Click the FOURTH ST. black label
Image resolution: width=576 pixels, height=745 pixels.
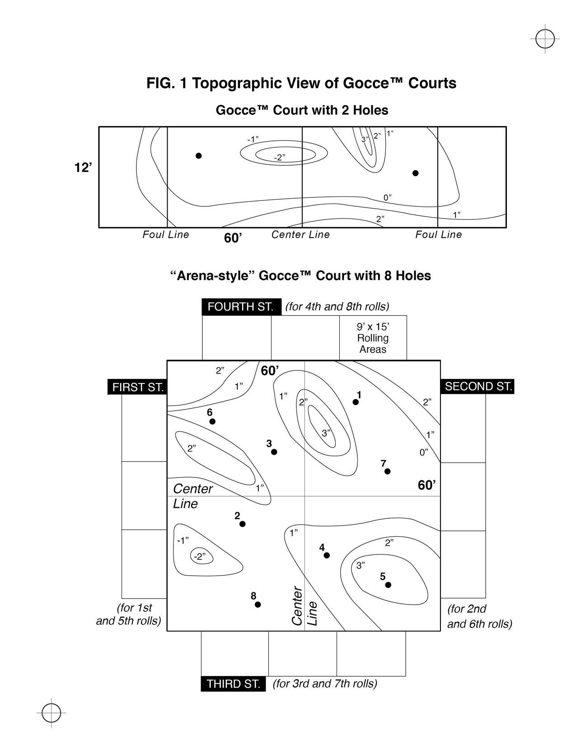(x=241, y=307)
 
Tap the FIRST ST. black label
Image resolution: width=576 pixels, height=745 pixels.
(x=138, y=387)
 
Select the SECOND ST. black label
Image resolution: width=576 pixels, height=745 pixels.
(x=478, y=386)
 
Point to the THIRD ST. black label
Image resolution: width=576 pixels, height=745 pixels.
(x=234, y=684)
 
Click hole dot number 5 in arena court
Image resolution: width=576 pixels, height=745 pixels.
(x=388, y=585)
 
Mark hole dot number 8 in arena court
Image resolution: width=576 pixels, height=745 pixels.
(x=258, y=605)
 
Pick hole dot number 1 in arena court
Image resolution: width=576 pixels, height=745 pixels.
(x=356, y=402)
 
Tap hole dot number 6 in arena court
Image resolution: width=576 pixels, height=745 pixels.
(x=212, y=421)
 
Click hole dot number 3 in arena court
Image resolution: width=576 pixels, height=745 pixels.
(x=274, y=452)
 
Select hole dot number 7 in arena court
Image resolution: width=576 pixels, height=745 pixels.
(x=387, y=471)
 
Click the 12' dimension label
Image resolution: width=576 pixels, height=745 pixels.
(x=83, y=168)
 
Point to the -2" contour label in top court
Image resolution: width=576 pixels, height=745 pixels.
(x=280, y=158)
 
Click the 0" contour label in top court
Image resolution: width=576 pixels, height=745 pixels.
(x=387, y=197)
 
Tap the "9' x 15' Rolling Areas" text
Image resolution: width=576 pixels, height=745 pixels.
(x=373, y=338)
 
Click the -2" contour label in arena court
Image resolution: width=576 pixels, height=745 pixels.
(x=200, y=556)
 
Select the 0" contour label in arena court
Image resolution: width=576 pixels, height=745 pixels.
(x=423, y=452)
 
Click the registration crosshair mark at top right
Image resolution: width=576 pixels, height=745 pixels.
(x=545, y=39)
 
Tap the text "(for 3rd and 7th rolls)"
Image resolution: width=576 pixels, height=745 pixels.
(x=325, y=684)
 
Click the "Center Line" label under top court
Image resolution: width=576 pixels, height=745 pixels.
(x=300, y=235)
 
